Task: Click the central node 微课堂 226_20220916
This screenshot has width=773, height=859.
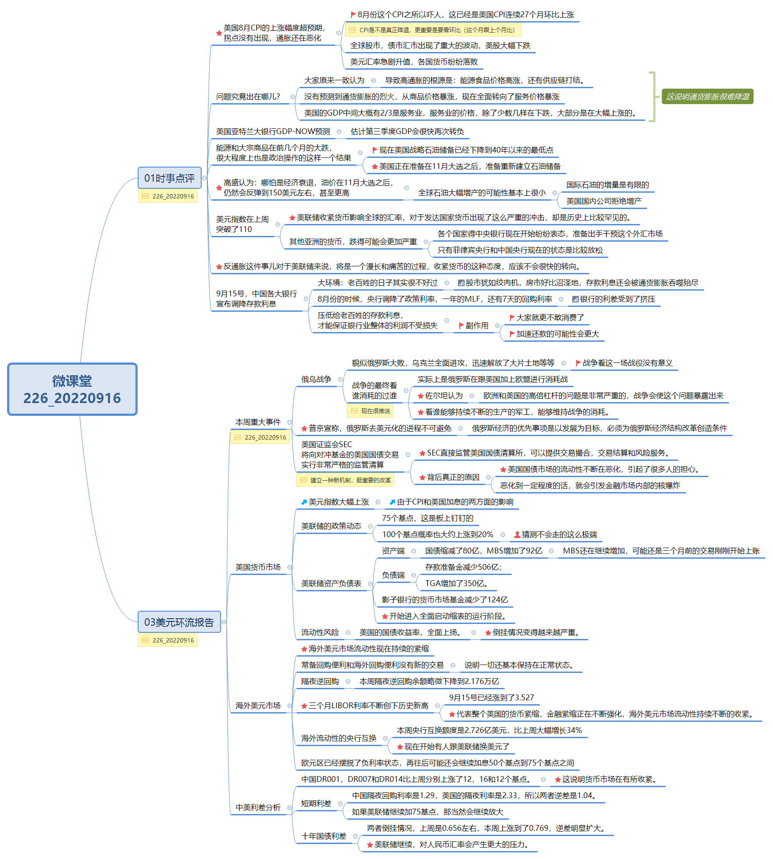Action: coord(72,389)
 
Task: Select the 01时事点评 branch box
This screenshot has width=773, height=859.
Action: coord(169,178)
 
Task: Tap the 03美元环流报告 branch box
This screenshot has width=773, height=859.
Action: coord(179,622)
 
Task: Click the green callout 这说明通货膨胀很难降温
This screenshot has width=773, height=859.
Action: coord(707,97)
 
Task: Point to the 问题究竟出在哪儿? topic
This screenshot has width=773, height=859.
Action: coord(248,97)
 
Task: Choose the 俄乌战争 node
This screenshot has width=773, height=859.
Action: coord(316,379)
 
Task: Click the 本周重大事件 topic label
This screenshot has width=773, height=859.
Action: coord(258,422)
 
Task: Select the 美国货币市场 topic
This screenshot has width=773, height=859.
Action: coord(258,567)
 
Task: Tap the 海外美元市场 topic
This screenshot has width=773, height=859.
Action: coord(258,706)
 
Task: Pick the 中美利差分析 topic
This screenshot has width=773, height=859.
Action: coord(258,807)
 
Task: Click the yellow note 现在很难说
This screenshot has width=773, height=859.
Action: coord(370,411)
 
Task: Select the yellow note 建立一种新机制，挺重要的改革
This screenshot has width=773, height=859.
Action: coord(345,480)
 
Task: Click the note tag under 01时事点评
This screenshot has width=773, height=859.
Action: coord(168,196)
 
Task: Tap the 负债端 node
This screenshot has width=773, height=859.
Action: coord(393,575)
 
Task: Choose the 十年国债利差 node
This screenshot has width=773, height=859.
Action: coord(324,836)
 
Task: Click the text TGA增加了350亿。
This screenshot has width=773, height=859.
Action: coord(456,583)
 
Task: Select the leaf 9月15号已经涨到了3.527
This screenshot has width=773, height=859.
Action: coord(492,698)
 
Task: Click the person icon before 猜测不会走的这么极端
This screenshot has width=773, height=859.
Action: coord(517,534)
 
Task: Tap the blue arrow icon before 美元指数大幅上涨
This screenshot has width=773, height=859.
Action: coord(304,502)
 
